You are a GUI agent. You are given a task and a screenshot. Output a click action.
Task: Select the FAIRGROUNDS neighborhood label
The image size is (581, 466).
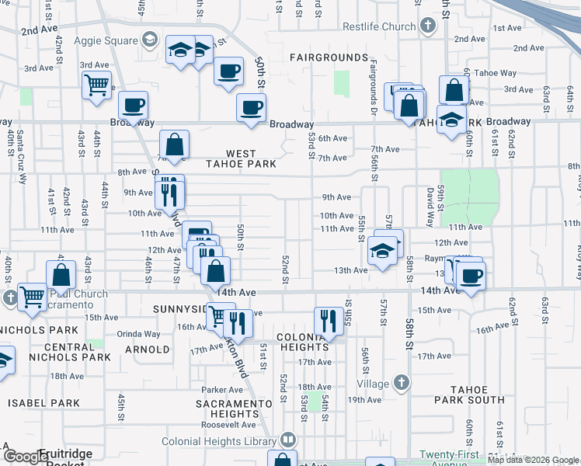click(x=329, y=57)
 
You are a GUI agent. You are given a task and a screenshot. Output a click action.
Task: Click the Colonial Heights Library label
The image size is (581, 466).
click(x=220, y=441)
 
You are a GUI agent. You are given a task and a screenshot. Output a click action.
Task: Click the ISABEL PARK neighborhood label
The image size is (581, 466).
click(x=44, y=403)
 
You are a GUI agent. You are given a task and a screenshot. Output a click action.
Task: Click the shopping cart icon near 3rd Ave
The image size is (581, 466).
click(x=96, y=85)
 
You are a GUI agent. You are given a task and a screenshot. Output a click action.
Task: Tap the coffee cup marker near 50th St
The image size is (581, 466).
click(x=228, y=71)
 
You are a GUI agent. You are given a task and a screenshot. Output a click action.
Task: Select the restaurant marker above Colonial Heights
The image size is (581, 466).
click(x=329, y=321)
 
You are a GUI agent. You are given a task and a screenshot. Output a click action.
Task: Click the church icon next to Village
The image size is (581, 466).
click(x=401, y=383)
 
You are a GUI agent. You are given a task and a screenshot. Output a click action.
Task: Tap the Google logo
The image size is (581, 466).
click(x=25, y=457)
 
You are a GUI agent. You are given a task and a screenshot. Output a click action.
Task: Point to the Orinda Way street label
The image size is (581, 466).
click(x=140, y=334)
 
